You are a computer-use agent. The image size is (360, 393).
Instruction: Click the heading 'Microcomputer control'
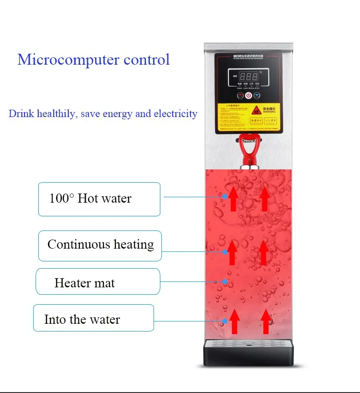(93, 60)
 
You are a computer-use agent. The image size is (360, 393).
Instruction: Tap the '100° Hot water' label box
(99, 199)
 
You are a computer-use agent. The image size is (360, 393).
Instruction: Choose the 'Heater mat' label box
(98, 282)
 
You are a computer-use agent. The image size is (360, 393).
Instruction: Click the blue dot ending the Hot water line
(225, 197)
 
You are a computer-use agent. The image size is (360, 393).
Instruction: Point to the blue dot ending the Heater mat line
(225, 281)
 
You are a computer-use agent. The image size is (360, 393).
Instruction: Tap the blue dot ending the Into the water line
(225, 322)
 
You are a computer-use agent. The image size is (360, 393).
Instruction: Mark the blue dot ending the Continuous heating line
(225, 251)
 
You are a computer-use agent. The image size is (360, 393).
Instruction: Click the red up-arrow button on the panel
(240, 96)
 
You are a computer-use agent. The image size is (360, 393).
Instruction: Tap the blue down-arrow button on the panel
(257, 96)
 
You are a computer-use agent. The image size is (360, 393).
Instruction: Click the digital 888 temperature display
(249, 76)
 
